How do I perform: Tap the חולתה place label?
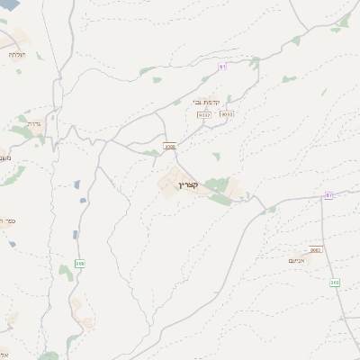[17, 55]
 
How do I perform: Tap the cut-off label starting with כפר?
[5, 220]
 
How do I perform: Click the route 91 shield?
[223, 67]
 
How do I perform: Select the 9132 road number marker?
[204, 115]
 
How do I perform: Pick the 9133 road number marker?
[227, 114]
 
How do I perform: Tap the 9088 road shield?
[170, 146]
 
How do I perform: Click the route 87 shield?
[329, 194]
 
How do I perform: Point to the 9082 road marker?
[315, 249]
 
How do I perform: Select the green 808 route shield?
[335, 283]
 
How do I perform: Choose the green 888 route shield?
[80, 264]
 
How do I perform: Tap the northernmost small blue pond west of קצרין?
[78, 184]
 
